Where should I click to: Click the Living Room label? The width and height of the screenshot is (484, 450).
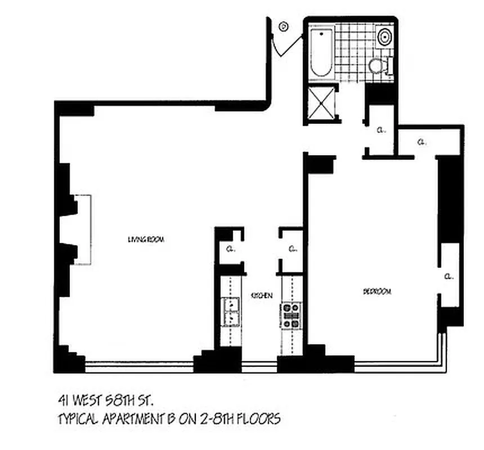coord(145,240)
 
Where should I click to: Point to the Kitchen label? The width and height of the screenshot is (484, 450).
coord(262,295)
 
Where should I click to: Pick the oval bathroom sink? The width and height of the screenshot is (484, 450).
coord(386,38)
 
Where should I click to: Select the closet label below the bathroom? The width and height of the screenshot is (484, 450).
coord(382,129)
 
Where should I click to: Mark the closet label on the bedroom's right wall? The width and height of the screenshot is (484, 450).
coord(449,276)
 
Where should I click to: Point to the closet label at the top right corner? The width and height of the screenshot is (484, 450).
coord(421,141)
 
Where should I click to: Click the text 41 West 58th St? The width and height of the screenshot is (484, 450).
coord(105,400)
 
